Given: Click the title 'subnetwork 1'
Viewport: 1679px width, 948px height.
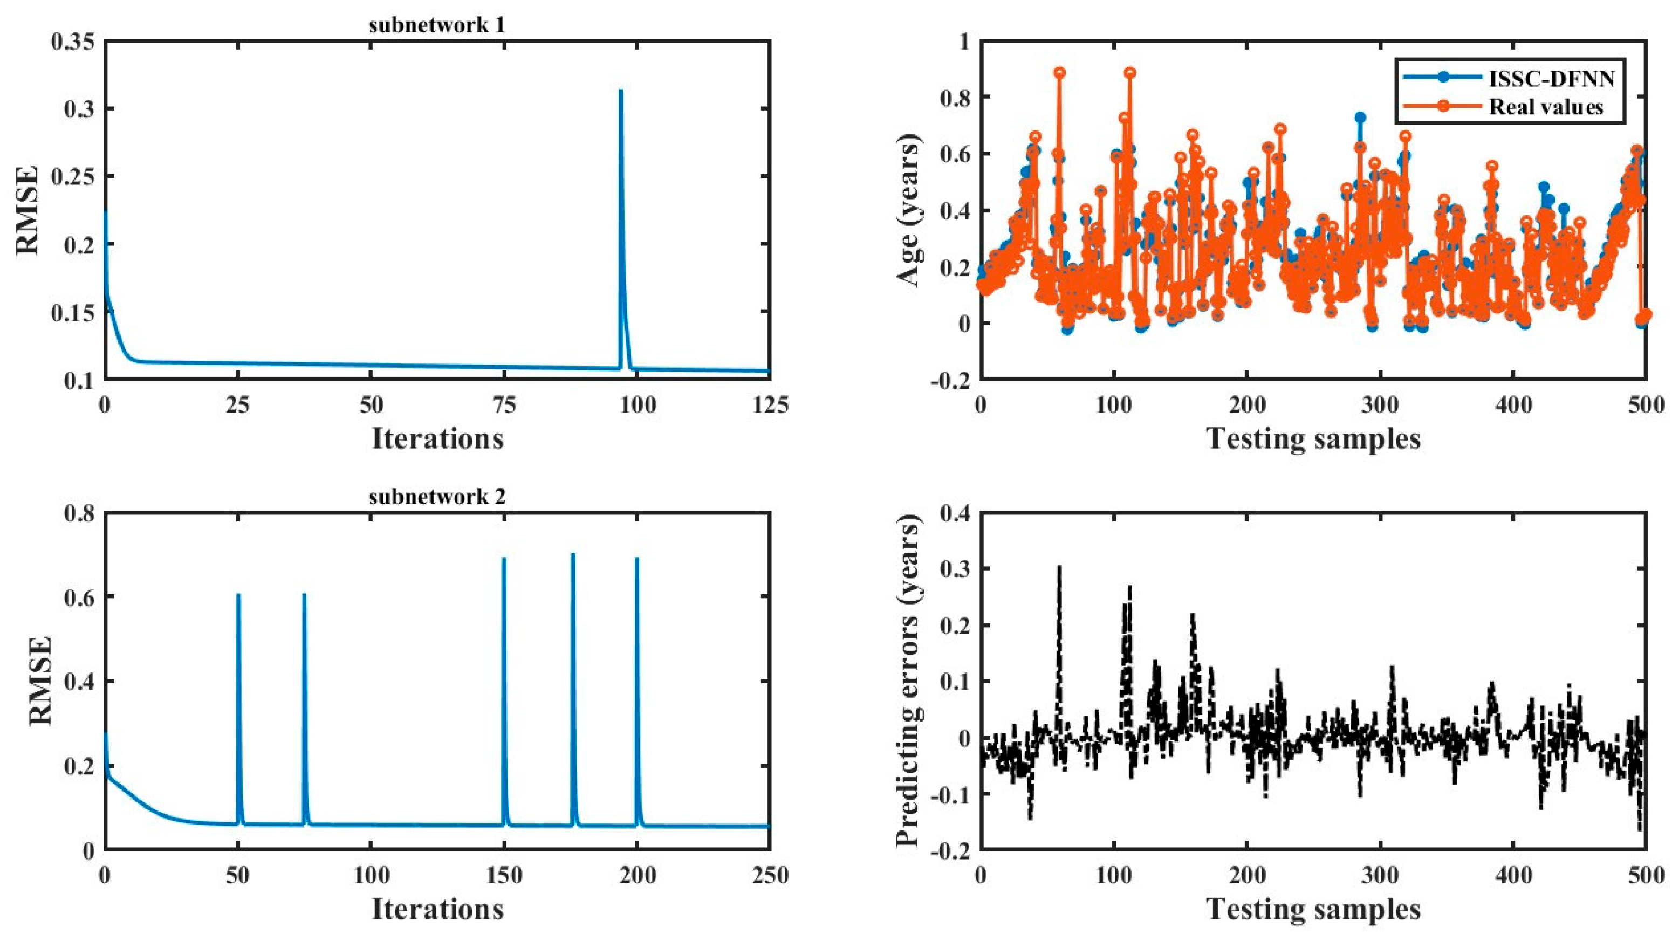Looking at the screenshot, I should pyautogui.click(x=437, y=25).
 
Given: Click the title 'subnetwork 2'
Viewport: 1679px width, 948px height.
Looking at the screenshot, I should pyautogui.click(x=437, y=497).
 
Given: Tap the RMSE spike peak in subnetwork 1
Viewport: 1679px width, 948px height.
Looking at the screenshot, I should pyautogui.click(x=620, y=91).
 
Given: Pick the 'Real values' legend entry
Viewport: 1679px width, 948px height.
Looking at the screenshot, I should pyautogui.click(x=1545, y=107).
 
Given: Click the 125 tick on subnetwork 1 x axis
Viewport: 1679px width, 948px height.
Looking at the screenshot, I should pyautogui.click(x=770, y=404).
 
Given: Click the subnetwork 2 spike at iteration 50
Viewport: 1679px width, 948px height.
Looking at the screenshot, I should pyautogui.click(x=238, y=595).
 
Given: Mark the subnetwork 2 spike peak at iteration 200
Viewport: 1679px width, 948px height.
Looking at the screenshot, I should pyautogui.click(x=637, y=559).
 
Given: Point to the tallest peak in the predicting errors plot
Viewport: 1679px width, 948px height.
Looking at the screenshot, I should pyautogui.click(x=1059, y=567).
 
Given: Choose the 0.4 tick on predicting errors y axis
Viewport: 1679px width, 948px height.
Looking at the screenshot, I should pyautogui.click(x=954, y=513).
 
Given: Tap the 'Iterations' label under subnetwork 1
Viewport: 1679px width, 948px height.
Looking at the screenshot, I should pyautogui.click(x=437, y=438).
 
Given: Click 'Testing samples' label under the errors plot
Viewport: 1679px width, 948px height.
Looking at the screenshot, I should pyautogui.click(x=1313, y=910).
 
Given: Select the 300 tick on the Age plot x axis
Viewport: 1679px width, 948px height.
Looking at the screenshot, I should pyautogui.click(x=1381, y=404).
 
